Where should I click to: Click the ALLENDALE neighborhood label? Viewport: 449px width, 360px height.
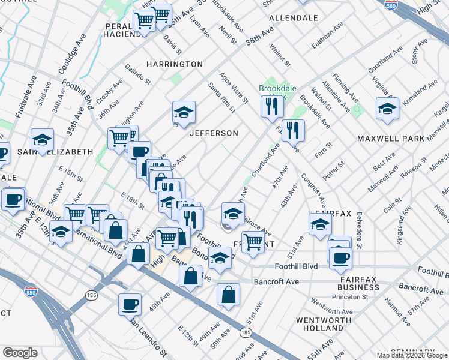pyautogui.click(x=294, y=18)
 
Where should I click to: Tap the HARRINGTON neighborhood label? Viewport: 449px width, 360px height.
pyautogui.click(x=175, y=64)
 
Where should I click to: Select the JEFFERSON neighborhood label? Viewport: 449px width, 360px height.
pyautogui.click(x=214, y=133)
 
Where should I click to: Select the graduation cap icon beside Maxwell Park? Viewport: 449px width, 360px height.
pyautogui.click(x=387, y=109)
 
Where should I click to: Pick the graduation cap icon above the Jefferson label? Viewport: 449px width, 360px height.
pyautogui.click(x=184, y=112)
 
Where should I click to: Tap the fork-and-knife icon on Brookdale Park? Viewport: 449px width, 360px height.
pyautogui.click(x=272, y=106)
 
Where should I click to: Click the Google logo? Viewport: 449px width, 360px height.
pyautogui.click(x=20, y=353)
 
